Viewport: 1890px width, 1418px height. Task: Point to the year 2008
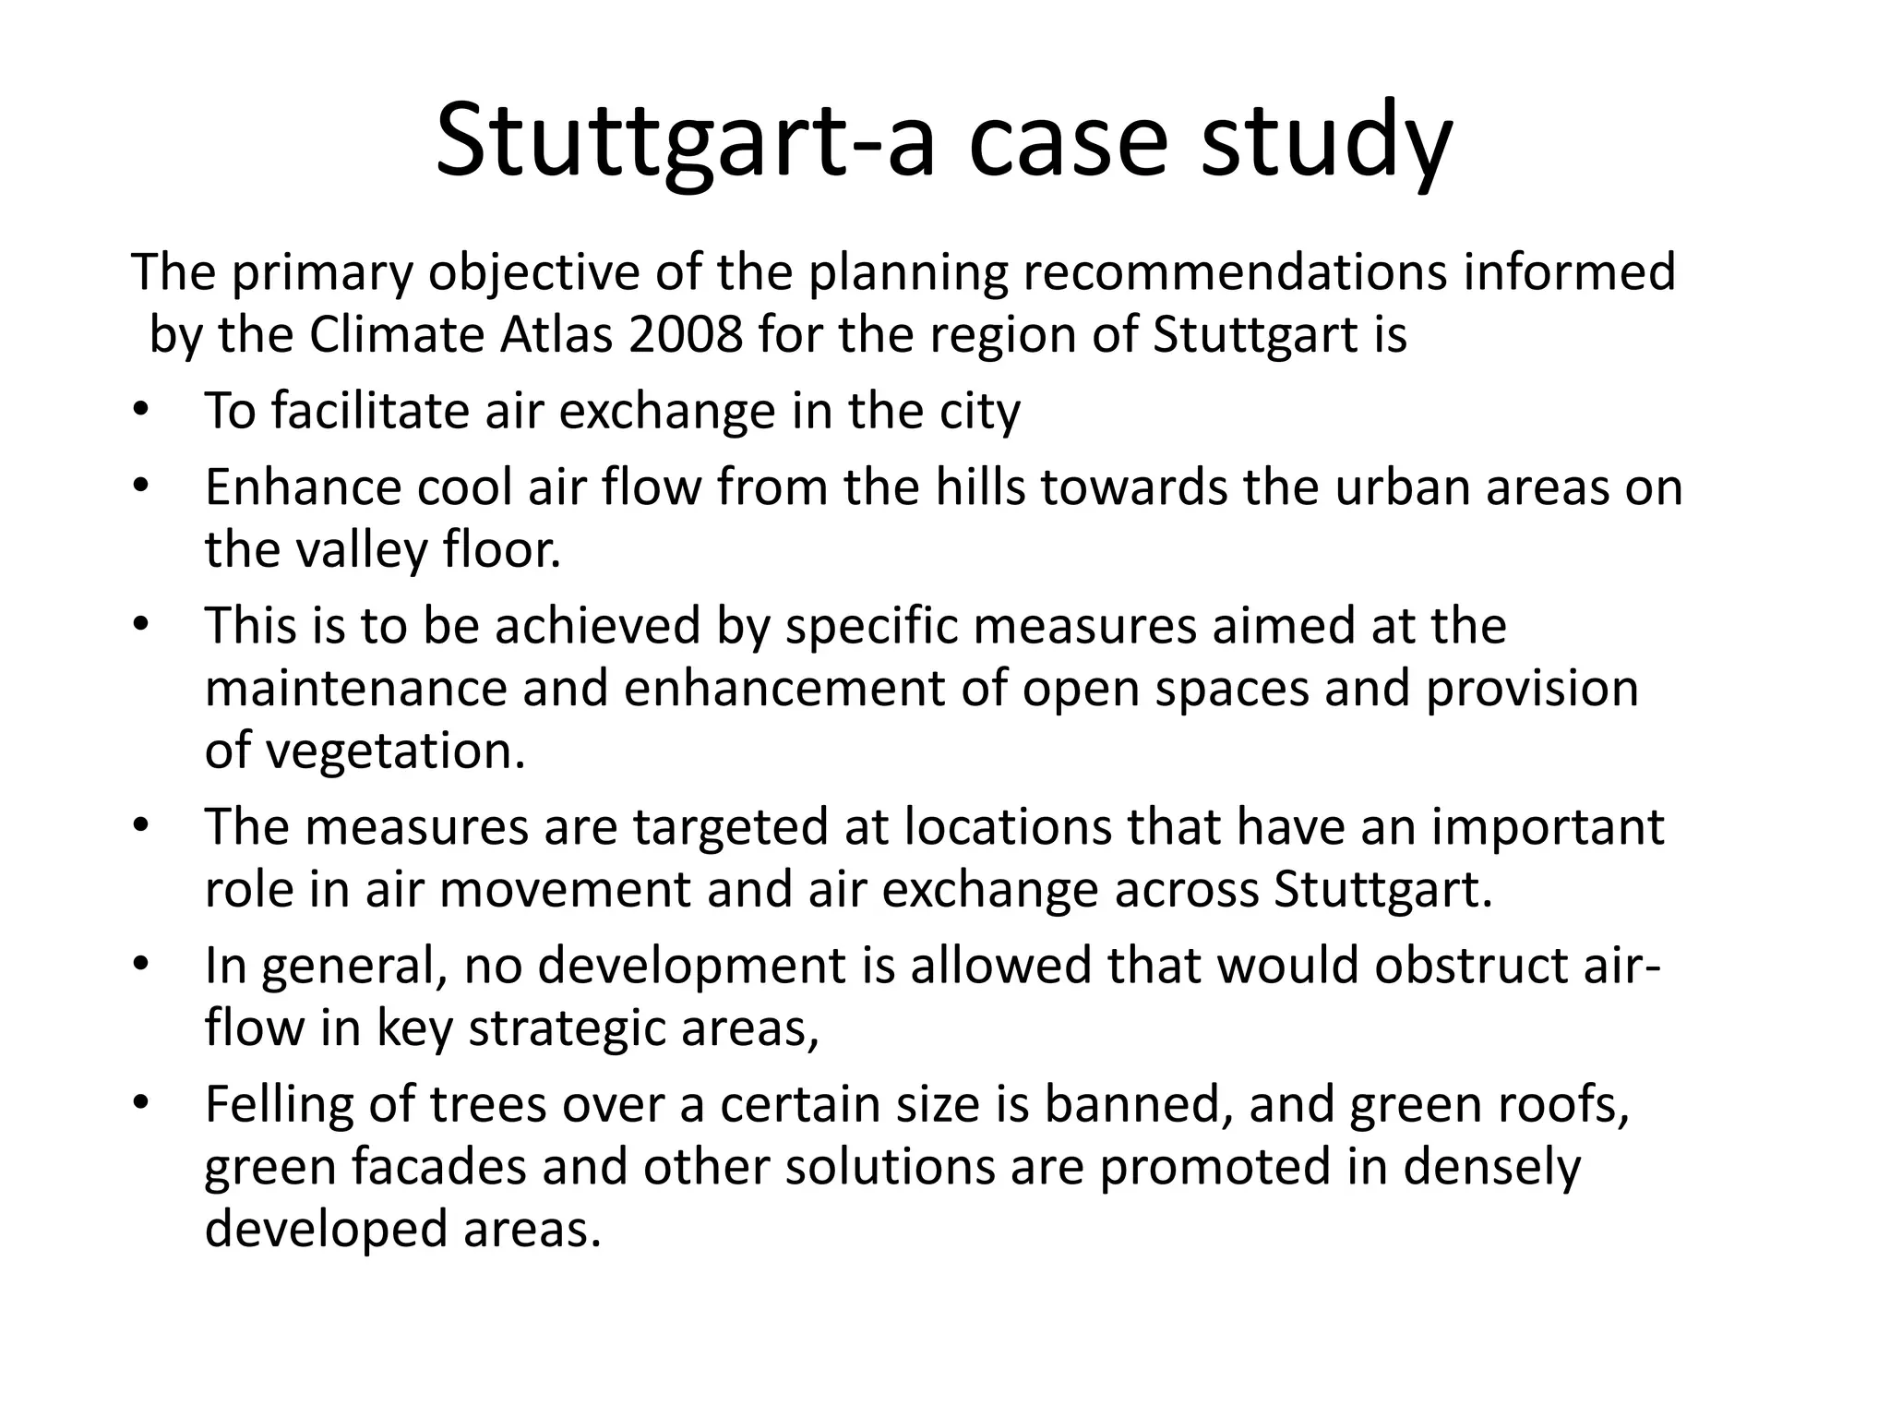coord(685,334)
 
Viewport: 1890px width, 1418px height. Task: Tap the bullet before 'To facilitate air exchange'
coord(139,411)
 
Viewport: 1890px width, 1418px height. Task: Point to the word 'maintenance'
coord(355,689)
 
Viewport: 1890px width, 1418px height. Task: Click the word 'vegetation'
coord(395,751)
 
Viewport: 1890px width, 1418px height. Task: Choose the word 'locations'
coord(1007,827)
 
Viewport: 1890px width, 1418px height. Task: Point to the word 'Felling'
coord(279,1104)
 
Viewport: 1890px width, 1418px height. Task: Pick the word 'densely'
coord(1491,1167)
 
